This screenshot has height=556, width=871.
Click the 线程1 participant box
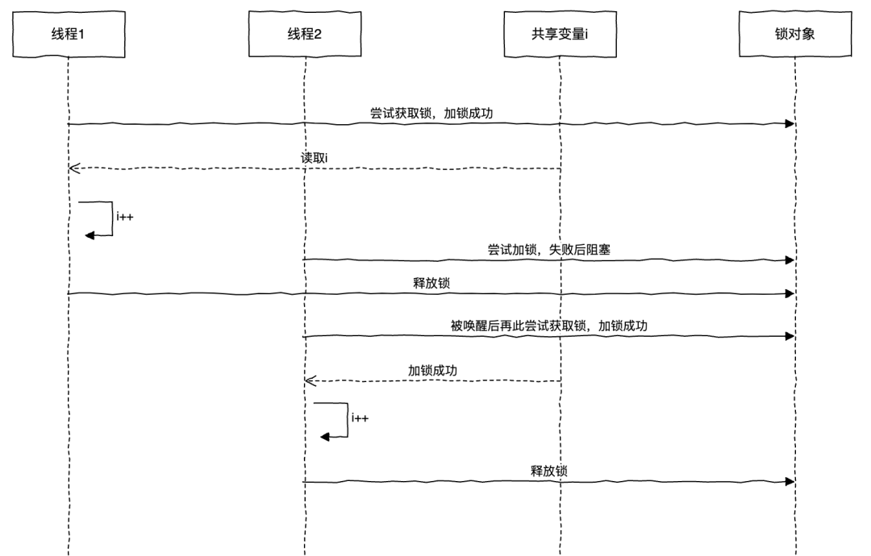click(x=69, y=34)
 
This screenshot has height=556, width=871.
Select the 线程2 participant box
click(x=305, y=34)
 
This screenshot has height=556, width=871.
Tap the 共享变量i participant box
click(x=559, y=34)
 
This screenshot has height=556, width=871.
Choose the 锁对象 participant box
click(x=794, y=34)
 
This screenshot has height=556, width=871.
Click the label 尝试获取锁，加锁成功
click(x=431, y=114)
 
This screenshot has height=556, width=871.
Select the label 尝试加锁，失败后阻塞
click(x=549, y=250)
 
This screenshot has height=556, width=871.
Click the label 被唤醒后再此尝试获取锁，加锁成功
click(x=549, y=326)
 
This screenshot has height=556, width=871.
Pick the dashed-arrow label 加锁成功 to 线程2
click(x=431, y=371)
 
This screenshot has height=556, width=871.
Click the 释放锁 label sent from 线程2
click(x=549, y=471)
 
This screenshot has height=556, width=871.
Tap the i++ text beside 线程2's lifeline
click(x=361, y=418)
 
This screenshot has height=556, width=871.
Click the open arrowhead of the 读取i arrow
click(x=74, y=168)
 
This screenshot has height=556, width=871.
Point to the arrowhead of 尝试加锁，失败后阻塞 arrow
click(x=790, y=260)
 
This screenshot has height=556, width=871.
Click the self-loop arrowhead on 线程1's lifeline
click(x=90, y=234)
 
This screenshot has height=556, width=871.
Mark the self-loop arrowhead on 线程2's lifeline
click(x=325, y=436)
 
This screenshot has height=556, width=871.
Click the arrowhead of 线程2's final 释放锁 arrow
click(x=790, y=482)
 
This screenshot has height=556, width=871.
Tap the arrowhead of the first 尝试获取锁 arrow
click(x=790, y=124)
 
